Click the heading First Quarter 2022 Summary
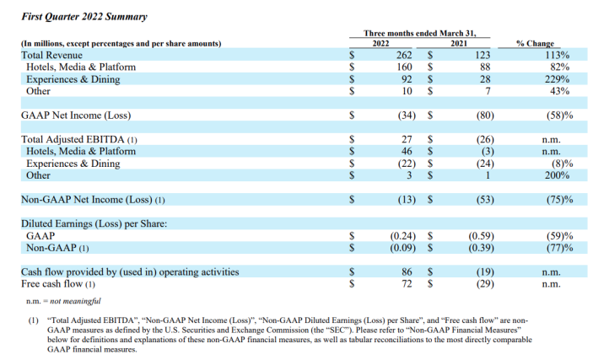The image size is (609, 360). click(84, 17)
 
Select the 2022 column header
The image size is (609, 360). click(380, 44)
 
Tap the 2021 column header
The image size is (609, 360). click(459, 44)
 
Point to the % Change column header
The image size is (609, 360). click(535, 44)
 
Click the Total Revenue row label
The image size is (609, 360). click(51, 55)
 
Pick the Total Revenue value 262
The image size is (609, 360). click(404, 55)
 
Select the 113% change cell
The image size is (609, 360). click(558, 55)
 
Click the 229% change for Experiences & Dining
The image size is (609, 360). click(558, 79)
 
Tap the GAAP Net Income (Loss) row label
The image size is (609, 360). click(76, 116)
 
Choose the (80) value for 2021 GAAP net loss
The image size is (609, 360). click(485, 116)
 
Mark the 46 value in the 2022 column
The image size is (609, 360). click(407, 152)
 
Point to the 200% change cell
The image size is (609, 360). click(558, 175)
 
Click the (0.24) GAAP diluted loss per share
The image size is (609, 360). click(402, 236)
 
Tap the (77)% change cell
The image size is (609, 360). click(560, 248)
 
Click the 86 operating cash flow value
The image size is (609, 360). click(407, 271)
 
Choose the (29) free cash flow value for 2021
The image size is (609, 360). click(485, 284)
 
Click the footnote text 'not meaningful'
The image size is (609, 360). click(75, 301)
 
